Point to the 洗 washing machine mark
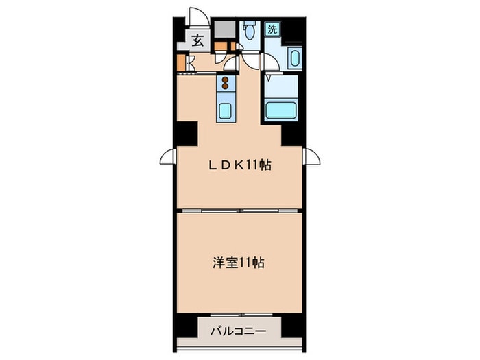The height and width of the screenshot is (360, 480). pyautogui.click(x=272, y=29)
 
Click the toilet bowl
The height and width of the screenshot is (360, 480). pyautogui.click(x=250, y=32)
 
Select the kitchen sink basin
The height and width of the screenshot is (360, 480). pyautogui.click(x=226, y=110)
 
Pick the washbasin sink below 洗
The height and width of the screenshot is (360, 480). pyautogui.click(x=295, y=58)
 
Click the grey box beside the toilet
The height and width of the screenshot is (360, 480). pyautogui.click(x=222, y=29)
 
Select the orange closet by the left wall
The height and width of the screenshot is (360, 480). pyautogui.click(x=181, y=62)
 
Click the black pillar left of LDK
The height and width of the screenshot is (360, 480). pyautogui.click(x=186, y=132)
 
